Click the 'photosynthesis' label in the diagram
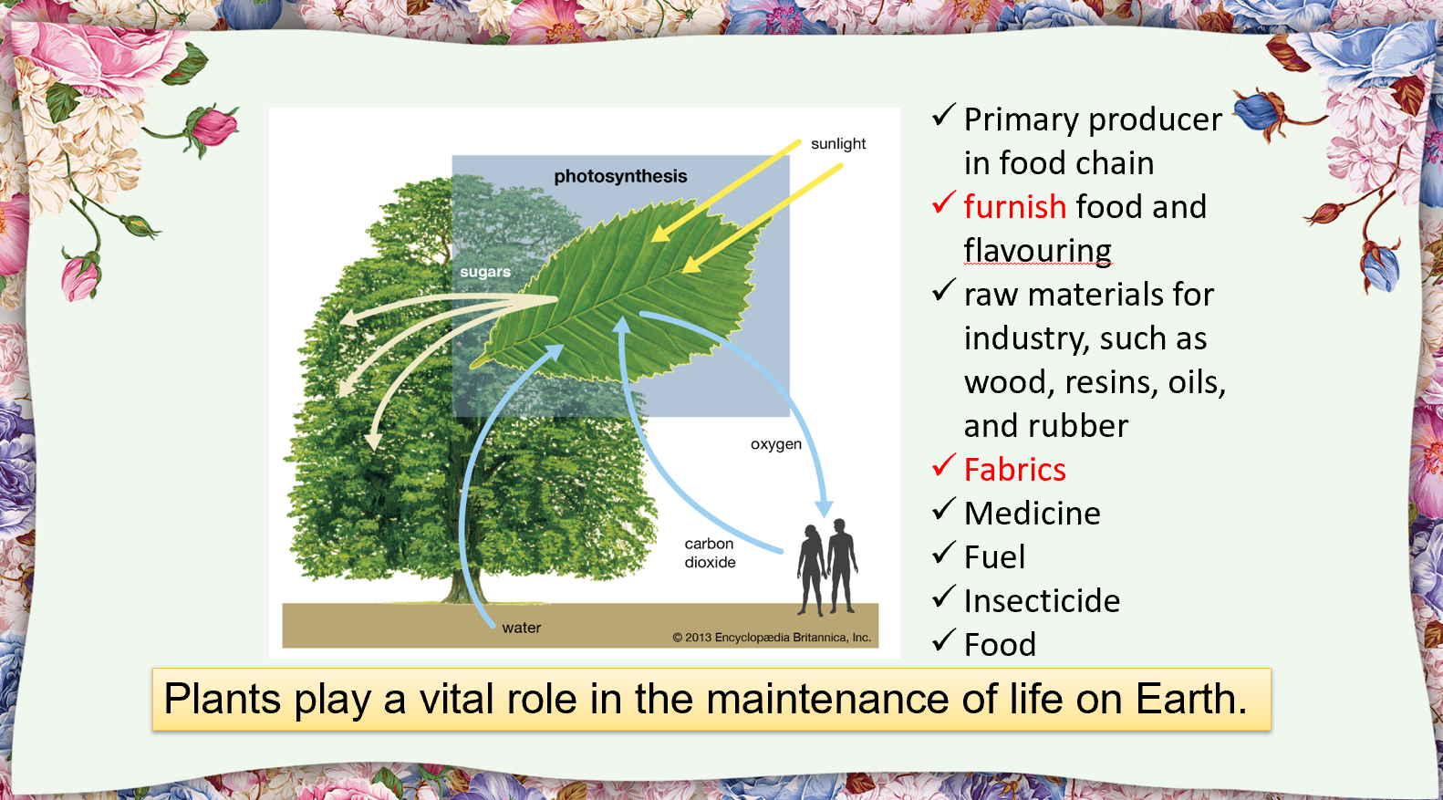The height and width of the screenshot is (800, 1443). pyautogui.click(x=620, y=176)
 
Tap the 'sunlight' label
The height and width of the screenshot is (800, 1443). pyautogui.click(x=838, y=144)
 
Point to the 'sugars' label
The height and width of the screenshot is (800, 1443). pyautogui.click(x=484, y=272)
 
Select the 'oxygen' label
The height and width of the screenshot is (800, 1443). pyautogui.click(x=776, y=444)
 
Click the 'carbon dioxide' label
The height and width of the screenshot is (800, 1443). pyautogui.click(x=710, y=553)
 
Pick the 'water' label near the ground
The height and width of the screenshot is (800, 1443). pyautogui.click(x=521, y=628)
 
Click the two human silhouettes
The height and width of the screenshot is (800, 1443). pyautogui.click(x=827, y=566)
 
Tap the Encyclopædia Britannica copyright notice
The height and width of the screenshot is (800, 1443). pyautogui.click(x=772, y=638)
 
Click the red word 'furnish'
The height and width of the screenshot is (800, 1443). pyautogui.click(x=1014, y=207)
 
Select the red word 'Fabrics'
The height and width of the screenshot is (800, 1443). pyautogui.click(x=1014, y=470)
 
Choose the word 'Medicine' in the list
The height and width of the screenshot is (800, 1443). pyautogui.click(x=1032, y=514)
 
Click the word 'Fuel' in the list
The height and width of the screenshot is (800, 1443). pyautogui.click(x=994, y=557)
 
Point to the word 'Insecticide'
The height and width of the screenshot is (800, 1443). pyautogui.click(x=1042, y=601)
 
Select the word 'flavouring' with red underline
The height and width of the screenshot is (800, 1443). pyautogui.click(x=1037, y=251)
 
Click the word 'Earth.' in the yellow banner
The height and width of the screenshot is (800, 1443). pyautogui.click(x=1190, y=700)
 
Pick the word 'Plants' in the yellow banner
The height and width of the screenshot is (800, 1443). pyautogui.click(x=223, y=700)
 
